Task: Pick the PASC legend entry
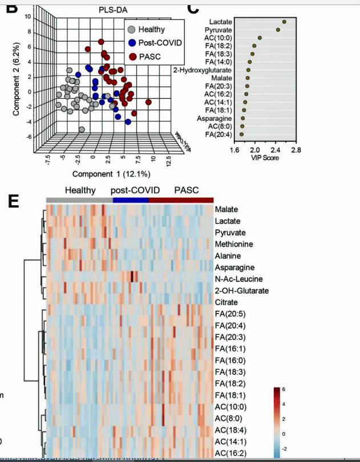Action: point(149,56)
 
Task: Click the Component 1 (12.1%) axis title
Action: point(103,173)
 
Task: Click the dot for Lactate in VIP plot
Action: point(284,22)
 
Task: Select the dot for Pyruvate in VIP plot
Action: point(278,30)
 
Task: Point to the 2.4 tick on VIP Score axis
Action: point(276,150)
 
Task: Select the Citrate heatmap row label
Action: point(228,302)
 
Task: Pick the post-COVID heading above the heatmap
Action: point(135,190)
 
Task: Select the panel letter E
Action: point(15,201)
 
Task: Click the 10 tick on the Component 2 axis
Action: point(27,17)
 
